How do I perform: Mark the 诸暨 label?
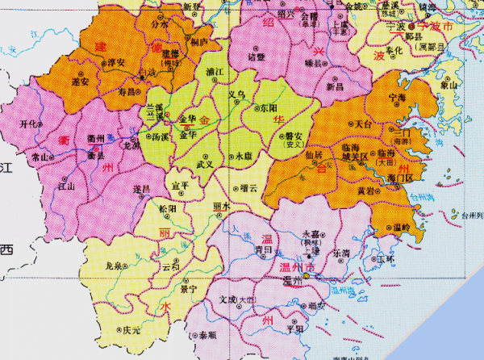coord(257,58)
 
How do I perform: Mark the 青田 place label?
coord(264,250)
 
